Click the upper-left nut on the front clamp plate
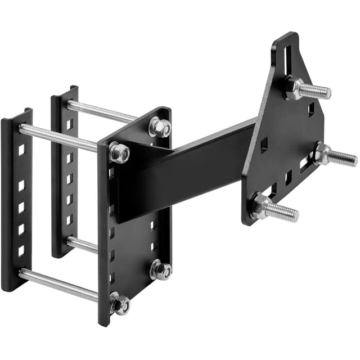pos(119,152)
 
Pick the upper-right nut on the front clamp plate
pos(160,127)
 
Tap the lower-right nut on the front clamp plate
pos(161,270)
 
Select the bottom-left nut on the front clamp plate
pos(120,304)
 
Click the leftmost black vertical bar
pos(16,202)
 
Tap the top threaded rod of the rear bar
pos(101,111)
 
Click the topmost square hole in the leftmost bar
pos(21,150)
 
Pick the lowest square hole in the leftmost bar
pos(21,251)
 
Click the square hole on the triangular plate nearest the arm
pos(264,147)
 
